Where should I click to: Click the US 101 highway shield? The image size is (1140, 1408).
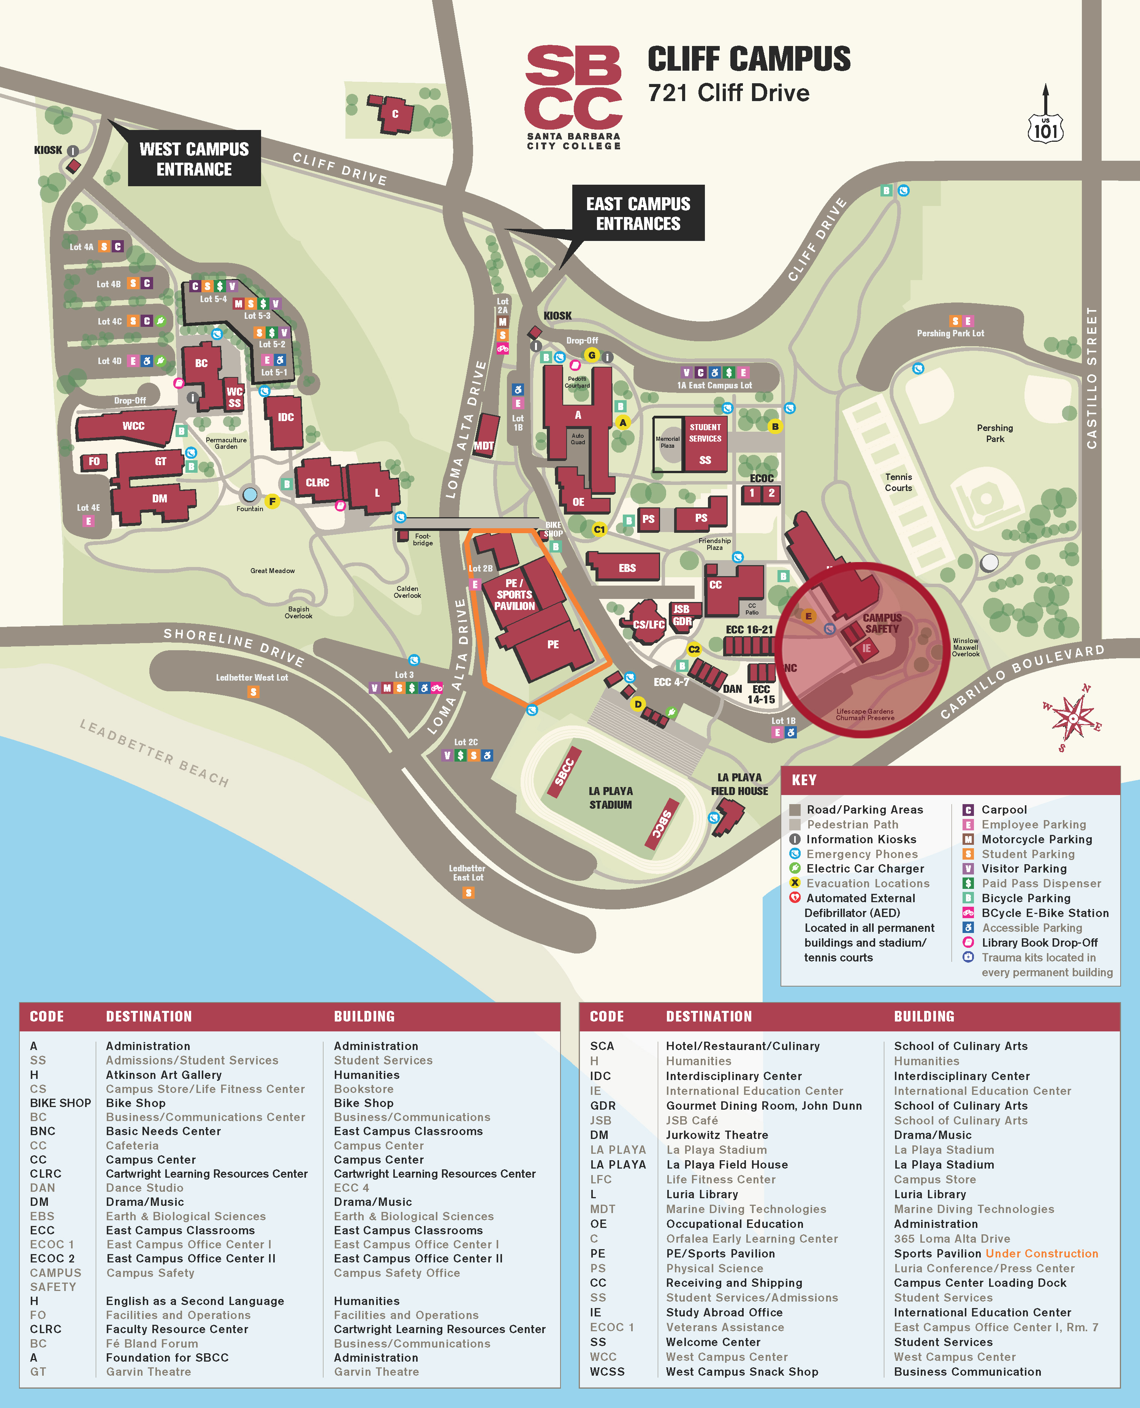(1045, 128)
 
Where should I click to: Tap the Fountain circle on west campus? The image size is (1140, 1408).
(250, 494)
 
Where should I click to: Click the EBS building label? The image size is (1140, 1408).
(627, 568)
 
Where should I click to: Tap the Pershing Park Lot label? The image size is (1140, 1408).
(950, 334)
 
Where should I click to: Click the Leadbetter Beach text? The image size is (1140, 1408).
(154, 752)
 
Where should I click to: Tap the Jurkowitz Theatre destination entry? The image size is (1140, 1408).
(716, 1135)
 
